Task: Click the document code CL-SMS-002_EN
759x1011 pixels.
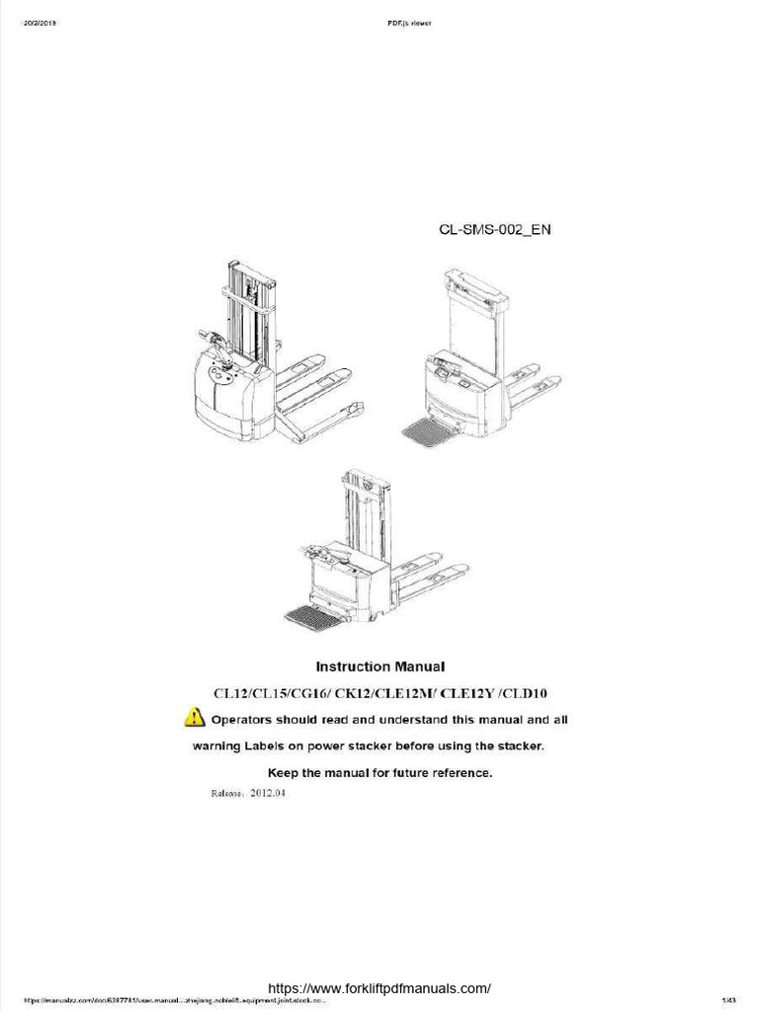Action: pos(494,230)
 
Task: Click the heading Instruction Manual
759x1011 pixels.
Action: pos(379,666)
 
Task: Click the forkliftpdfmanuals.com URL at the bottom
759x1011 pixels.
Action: pos(379,988)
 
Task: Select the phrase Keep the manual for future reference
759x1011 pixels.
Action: pos(379,772)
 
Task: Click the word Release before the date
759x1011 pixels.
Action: pos(230,793)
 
